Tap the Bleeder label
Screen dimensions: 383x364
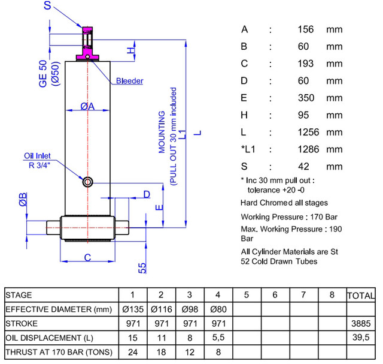pos(129,81)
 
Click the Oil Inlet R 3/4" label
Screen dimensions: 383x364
pos(38,161)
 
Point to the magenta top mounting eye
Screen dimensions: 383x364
pos(87,43)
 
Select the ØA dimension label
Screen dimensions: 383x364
pos(87,106)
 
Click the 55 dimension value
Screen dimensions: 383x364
pos(142,268)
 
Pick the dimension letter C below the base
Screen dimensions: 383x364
pos(87,257)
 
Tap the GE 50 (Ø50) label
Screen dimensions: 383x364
pos(49,74)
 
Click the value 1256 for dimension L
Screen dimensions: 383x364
pos(308,132)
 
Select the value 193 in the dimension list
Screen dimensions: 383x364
pos(306,64)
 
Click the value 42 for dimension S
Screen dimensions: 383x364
pos(303,167)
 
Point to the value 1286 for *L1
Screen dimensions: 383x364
pos(308,149)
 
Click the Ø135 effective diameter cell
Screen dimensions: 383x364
pos(133,309)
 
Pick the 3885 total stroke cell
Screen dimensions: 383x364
pos(361,324)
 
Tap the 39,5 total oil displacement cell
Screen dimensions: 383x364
pos(361,338)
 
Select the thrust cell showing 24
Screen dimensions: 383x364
pos(133,352)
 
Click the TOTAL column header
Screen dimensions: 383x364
pos(361,296)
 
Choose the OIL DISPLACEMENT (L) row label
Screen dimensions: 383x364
pos(49,338)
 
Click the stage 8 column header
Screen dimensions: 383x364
pos(332,294)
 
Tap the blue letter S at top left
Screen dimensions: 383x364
pos(47,5)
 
